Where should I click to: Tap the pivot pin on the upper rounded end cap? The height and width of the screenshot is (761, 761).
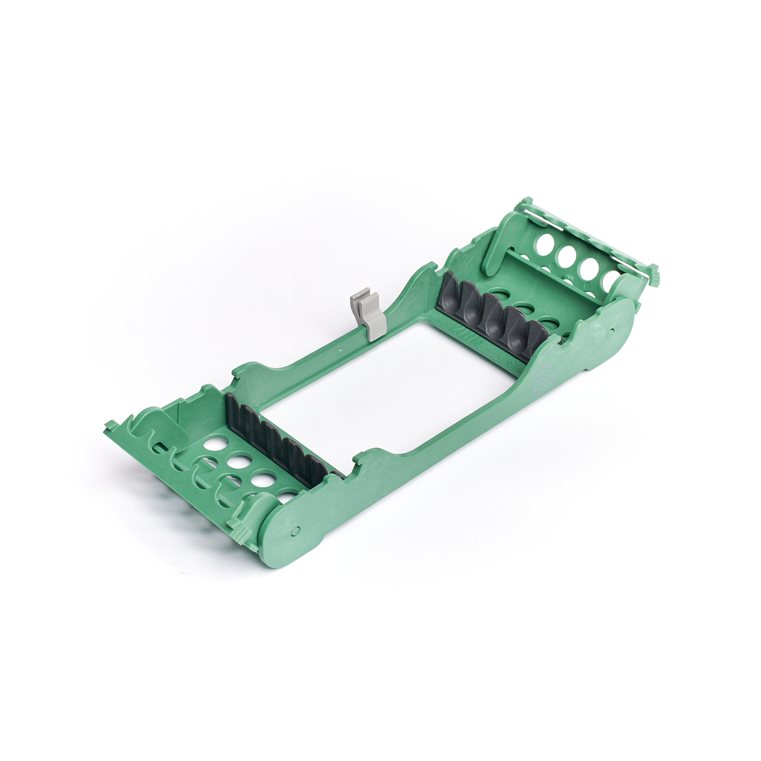pyautogui.click(x=611, y=333)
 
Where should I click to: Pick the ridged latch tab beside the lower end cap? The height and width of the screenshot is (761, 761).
pyautogui.click(x=238, y=524)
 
